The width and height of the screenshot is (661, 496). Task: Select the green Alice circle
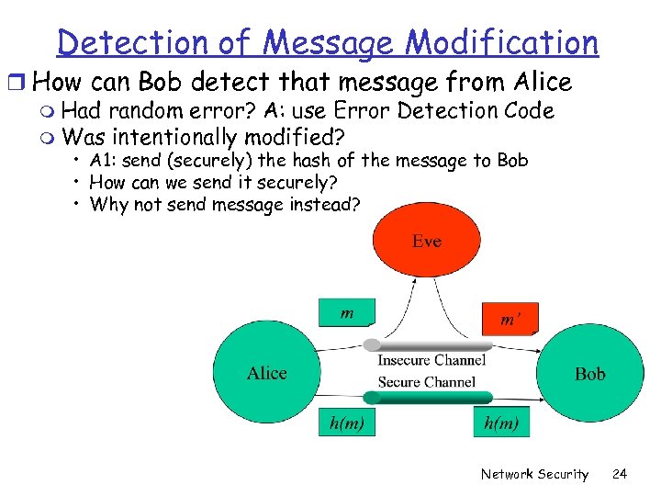pyautogui.click(x=267, y=372)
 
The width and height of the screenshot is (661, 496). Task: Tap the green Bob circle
pyautogui.click(x=589, y=373)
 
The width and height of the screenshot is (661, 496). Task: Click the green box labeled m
pyautogui.click(x=347, y=312)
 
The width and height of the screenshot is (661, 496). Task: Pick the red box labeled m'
pyautogui.click(x=510, y=318)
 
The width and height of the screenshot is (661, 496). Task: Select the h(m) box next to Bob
pyautogui.click(x=501, y=423)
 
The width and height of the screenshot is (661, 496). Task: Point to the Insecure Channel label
pyautogui.click(x=431, y=360)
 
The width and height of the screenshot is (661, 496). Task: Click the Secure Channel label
pyautogui.click(x=427, y=381)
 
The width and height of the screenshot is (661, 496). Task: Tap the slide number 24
pyautogui.click(x=620, y=474)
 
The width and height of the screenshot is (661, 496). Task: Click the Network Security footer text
pyautogui.click(x=534, y=474)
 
